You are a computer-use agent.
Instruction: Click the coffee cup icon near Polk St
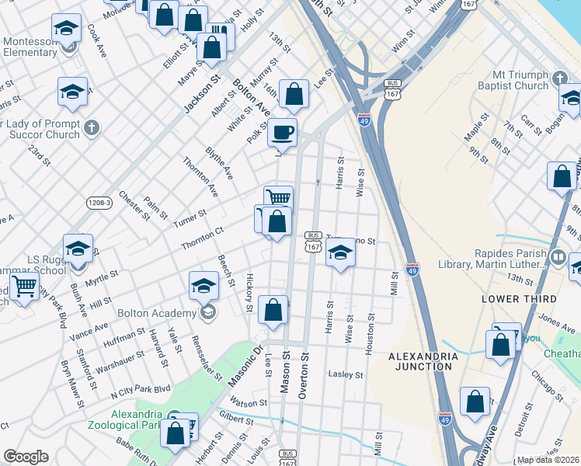(x=283, y=131)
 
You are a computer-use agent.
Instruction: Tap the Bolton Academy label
(x=156, y=313)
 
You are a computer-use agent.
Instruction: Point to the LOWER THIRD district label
(x=519, y=299)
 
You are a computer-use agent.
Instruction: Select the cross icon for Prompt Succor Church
(x=91, y=127)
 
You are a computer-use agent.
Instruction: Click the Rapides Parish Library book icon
(x=557, y=256)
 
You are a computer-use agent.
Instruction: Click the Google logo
(x=26, y=457)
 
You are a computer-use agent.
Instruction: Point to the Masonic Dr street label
(x=246, y=365)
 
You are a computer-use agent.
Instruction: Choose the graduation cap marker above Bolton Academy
(x=204, y=284)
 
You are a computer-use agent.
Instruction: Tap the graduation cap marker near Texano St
(x=339, y=252)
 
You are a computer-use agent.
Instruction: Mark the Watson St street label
(x=249, y=402)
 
